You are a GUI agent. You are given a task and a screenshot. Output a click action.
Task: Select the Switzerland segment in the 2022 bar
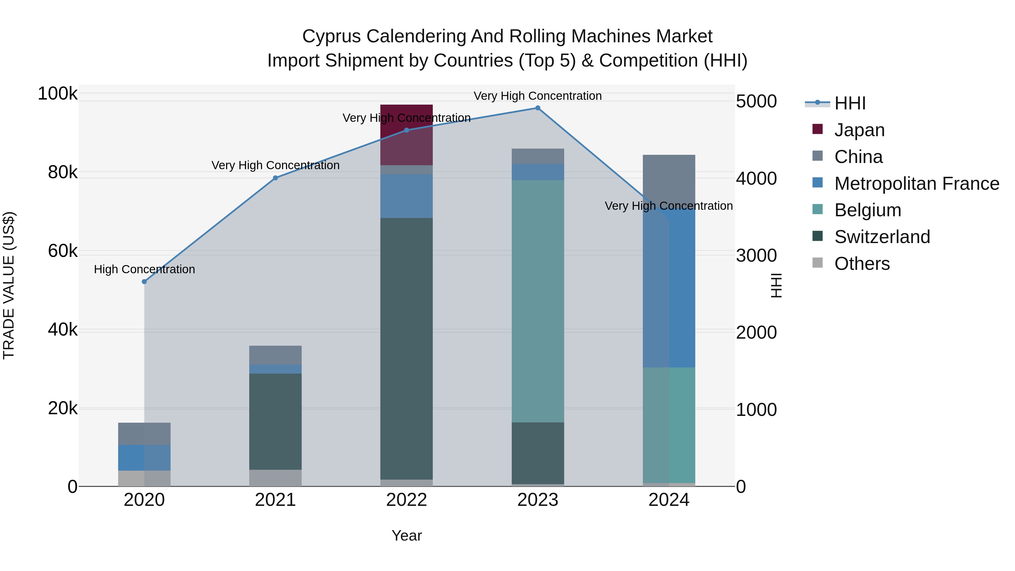click(x=406, y=349)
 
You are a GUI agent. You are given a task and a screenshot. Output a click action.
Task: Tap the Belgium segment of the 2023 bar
click(x=537, y=301)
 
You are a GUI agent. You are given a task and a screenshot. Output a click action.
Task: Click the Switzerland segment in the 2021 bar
click(x=275, y=422)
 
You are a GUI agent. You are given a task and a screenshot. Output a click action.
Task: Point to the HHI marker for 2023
click(x=537, y=108)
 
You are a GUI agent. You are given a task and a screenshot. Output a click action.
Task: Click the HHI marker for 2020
click(x=144, y=282)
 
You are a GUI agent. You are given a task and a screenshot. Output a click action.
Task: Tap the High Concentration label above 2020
click(x=144, y=270)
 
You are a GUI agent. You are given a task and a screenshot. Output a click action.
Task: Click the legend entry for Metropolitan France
click(x=917, y=184)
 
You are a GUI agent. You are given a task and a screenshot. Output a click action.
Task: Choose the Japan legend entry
click(x=859, y=130)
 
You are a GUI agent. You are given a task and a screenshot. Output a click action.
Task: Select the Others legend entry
click(x=862, y=264)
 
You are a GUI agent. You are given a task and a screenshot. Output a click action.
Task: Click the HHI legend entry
click(x=850, y=103)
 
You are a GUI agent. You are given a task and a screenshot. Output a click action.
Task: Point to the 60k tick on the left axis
click(x=63, y=251)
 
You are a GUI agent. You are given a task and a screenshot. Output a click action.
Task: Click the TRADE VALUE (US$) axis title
click(x=9, y=285)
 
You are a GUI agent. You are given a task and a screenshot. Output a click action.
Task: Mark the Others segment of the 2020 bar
click(x=144, y=479)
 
